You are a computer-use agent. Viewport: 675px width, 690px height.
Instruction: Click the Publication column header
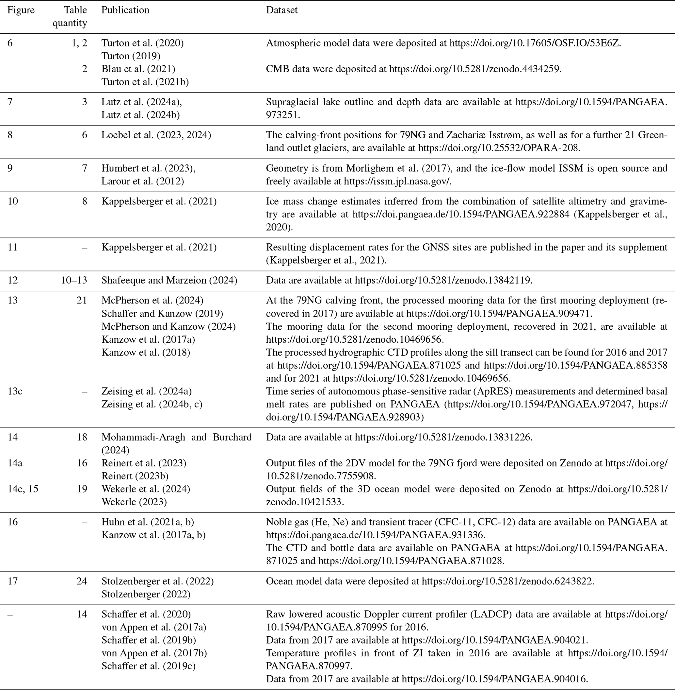[125, 10]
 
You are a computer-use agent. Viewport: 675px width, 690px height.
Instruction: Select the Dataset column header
[281, 10]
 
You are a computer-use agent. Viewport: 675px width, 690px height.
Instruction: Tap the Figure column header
[21, 10]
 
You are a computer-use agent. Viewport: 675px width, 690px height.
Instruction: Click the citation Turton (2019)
[131, 56]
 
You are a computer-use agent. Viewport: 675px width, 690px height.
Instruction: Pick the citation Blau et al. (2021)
[138, 69]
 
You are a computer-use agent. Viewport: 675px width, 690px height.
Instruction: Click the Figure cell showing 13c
[15, 391]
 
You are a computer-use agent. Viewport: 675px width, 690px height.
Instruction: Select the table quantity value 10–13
[74, 280]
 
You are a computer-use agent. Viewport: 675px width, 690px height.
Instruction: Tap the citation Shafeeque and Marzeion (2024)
[169, 280]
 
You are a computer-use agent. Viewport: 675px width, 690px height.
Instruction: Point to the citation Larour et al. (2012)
[142, 181]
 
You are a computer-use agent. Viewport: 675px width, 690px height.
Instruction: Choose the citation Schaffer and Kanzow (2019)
[162, 313]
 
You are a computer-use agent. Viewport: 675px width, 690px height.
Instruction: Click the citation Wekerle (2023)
[134, 502]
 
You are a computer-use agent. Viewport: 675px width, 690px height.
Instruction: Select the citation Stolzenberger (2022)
[146, 594]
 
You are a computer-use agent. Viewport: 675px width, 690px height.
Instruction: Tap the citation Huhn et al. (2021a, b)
[148, 522]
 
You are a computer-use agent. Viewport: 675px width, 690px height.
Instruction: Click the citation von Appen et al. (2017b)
[154, 653]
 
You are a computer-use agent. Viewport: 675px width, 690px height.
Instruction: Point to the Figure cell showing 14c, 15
[23, 489]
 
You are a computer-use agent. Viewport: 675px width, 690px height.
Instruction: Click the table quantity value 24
[82, 581]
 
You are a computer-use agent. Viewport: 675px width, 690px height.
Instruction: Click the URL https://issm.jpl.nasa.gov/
[397, 181]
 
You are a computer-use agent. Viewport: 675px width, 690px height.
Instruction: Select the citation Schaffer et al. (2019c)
[148, 666]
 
